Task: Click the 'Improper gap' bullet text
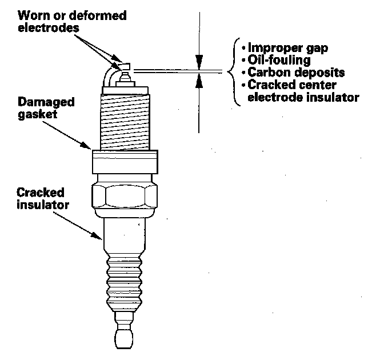tap(285, 47)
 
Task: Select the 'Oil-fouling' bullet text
tap(277, 60)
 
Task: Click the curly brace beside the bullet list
tap(231, 73)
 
